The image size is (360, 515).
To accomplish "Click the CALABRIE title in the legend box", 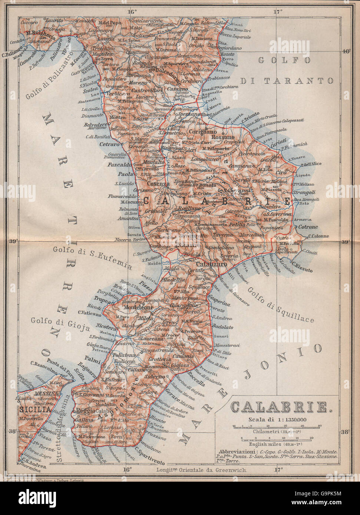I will pyautogui.click(x=280, y=407).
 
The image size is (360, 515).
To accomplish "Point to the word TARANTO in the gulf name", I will pyautogui.click(x=300, y=81).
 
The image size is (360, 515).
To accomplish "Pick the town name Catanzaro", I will pyautogui.click(x=201, y=265).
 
